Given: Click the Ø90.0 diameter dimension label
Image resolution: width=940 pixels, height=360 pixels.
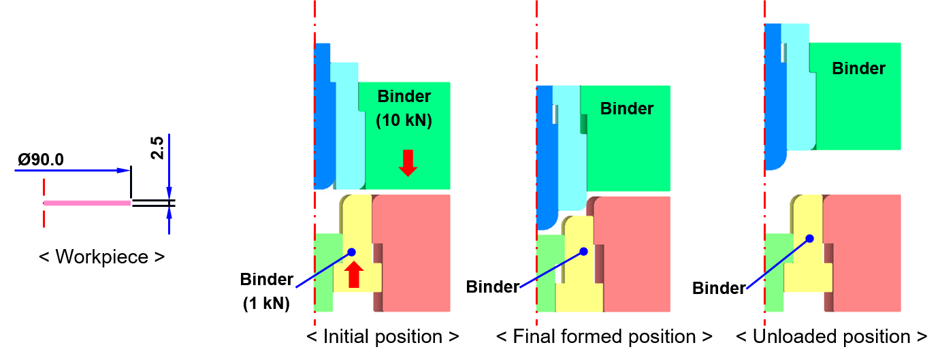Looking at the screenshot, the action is point(41,160).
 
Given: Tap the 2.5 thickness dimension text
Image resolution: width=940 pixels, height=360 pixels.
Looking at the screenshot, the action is point(157,148).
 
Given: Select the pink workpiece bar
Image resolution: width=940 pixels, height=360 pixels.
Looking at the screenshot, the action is point(87,203).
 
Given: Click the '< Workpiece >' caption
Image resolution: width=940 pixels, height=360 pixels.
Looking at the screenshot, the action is point(101,257).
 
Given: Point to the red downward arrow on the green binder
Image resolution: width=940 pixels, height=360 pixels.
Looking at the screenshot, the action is point(408,163).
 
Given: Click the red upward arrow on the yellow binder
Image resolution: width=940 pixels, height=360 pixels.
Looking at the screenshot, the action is point(354,274).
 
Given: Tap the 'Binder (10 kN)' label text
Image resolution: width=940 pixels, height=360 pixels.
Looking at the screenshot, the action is point(404,108).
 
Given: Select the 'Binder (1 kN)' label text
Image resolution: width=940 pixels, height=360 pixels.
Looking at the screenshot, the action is point(266,291).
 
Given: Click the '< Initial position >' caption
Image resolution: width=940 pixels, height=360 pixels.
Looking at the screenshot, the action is point(383,336).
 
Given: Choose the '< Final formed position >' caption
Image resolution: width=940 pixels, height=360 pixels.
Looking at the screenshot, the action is point(604,336).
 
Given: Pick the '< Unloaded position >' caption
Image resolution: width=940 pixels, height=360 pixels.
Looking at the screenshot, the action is point(831,336).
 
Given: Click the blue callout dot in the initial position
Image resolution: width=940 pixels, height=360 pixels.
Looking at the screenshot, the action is point(352,252).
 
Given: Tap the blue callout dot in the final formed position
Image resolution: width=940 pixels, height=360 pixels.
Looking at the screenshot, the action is point(584,252).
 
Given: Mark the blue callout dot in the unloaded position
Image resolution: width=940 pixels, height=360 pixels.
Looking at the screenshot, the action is point(810,239).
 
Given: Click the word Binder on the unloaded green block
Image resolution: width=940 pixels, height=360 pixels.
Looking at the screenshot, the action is point(858,68).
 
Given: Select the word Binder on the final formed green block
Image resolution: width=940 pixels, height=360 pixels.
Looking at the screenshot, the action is point(627,109).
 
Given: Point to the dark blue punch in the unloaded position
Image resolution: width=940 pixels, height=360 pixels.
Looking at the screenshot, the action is point(773,97).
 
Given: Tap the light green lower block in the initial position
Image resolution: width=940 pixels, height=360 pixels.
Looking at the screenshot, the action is point(324,273).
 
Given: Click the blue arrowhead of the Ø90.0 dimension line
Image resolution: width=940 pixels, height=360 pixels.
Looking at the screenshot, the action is point(123,170).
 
